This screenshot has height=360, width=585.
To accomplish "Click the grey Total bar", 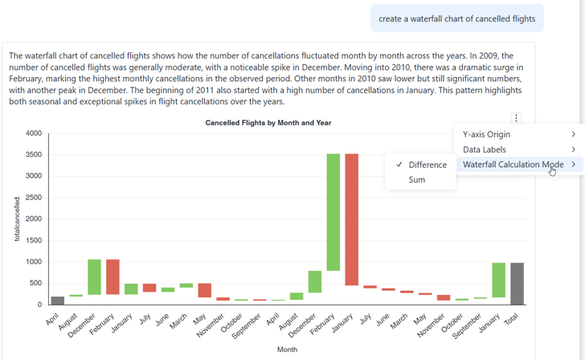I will coord(517,284).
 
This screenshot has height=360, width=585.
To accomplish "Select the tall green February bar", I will coord(333,212).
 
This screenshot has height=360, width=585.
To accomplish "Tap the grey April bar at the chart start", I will coord(57,301).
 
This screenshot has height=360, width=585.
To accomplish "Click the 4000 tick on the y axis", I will coord(33,133).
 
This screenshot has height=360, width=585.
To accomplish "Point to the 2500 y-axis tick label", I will coord(33,198).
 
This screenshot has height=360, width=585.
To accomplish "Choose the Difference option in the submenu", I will coord(427,165).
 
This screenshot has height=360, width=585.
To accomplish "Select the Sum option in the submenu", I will coord(417,180).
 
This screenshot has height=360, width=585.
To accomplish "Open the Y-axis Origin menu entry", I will coord(486,134).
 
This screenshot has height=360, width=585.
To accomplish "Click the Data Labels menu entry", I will coord(485,149).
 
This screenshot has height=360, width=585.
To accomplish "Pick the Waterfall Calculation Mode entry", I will coord(513,165).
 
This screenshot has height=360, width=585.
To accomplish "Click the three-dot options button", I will coord(517,118).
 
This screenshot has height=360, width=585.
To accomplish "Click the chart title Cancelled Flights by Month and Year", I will coord(268,123).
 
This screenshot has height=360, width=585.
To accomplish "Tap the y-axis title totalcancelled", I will coord(17,219).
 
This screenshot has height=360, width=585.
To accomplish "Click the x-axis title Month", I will coord(287,350).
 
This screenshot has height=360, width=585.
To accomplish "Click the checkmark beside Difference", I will coord(399,165).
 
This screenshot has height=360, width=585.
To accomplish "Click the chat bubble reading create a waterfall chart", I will coord(456,18).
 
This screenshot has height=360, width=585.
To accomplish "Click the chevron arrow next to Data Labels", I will coord(573,149).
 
